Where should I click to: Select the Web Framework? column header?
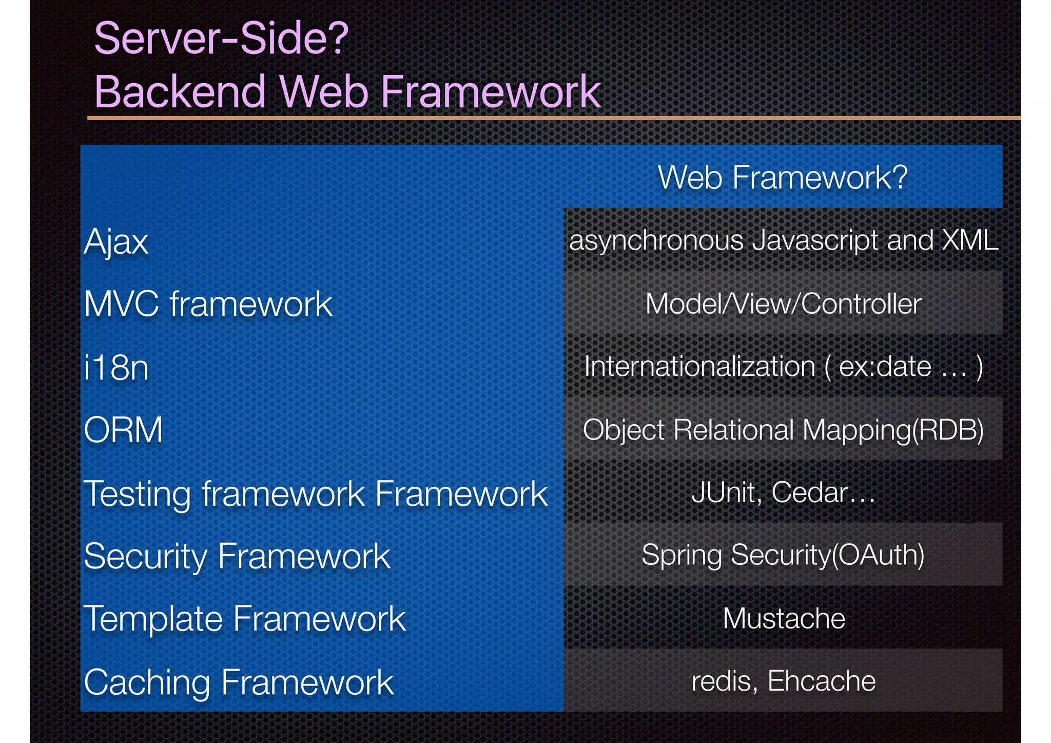(x=783, y=178)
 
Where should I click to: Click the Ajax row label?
(x=116, y=241)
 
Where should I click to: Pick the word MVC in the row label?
(x=121, y=304)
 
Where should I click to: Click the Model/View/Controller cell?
(x=783, y=304)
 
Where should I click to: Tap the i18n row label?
(x=116, y=368)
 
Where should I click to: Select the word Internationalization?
(x=699, y=367)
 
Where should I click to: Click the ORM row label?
(x=123, y=430)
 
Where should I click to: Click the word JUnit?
(x=724, y=492)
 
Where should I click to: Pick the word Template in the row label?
(x=152, y=619)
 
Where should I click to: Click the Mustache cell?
(x=784, y=618)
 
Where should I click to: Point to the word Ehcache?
(x=822, y=681)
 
